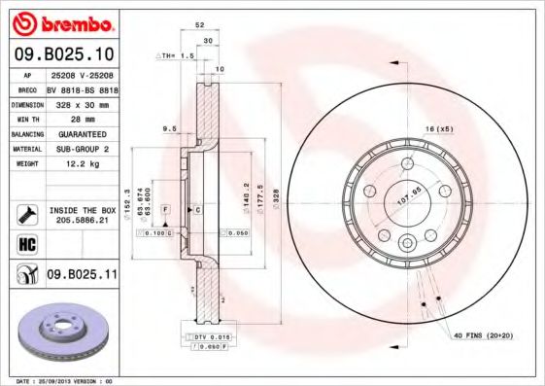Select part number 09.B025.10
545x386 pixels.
66,53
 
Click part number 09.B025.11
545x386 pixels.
83,275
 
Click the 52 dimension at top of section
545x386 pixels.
199,25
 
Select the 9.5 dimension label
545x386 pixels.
169,127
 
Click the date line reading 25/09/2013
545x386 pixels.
63,380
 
